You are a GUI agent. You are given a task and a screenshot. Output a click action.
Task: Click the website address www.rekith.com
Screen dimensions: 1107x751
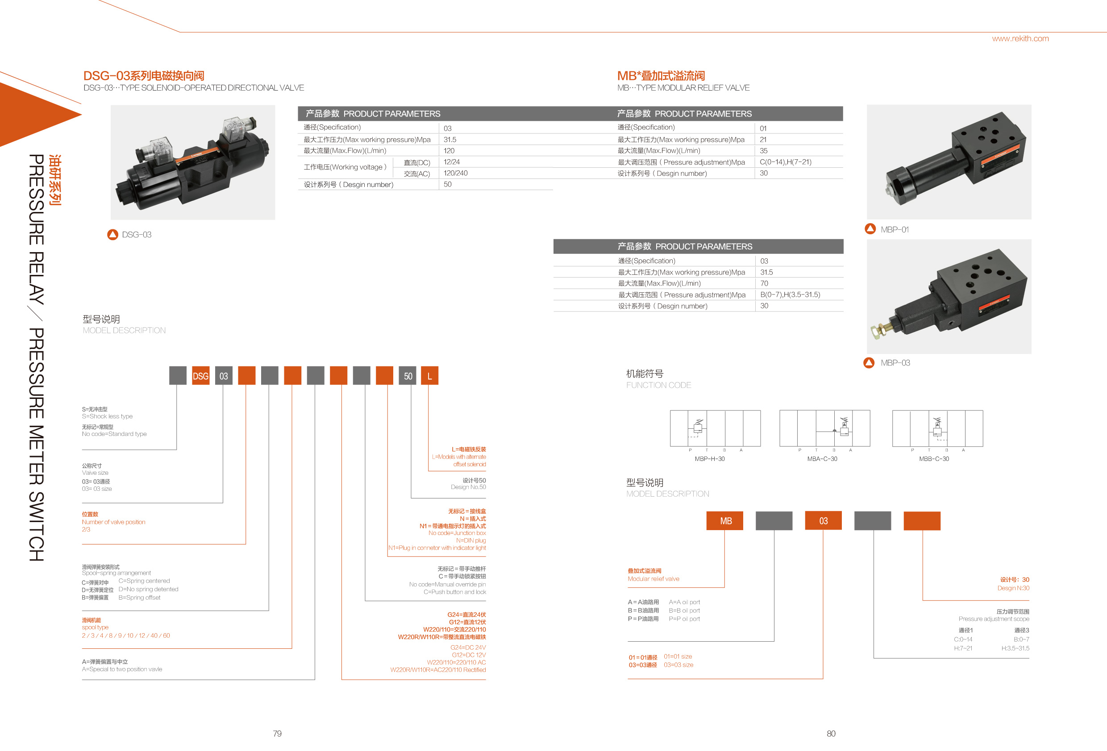point(1020,38)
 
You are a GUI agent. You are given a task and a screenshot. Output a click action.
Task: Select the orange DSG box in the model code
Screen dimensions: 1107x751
point(200,376)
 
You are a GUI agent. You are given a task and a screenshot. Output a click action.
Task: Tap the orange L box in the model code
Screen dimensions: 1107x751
point(430,376)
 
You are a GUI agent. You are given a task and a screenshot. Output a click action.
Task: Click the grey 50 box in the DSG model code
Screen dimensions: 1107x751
point(408,376)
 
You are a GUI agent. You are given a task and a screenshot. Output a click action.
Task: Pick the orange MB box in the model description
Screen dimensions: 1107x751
point(725,520)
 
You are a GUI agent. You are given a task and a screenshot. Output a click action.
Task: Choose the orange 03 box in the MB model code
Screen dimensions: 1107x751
point(823,520)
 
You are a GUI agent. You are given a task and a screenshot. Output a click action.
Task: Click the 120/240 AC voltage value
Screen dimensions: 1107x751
point(455,173)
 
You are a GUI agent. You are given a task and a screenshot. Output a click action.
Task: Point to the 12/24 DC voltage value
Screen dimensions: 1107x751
point(452,162)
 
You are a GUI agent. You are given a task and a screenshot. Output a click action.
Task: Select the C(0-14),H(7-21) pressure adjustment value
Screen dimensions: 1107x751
point(786,162)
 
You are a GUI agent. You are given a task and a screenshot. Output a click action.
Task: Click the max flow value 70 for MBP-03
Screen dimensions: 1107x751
point(764,283)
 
